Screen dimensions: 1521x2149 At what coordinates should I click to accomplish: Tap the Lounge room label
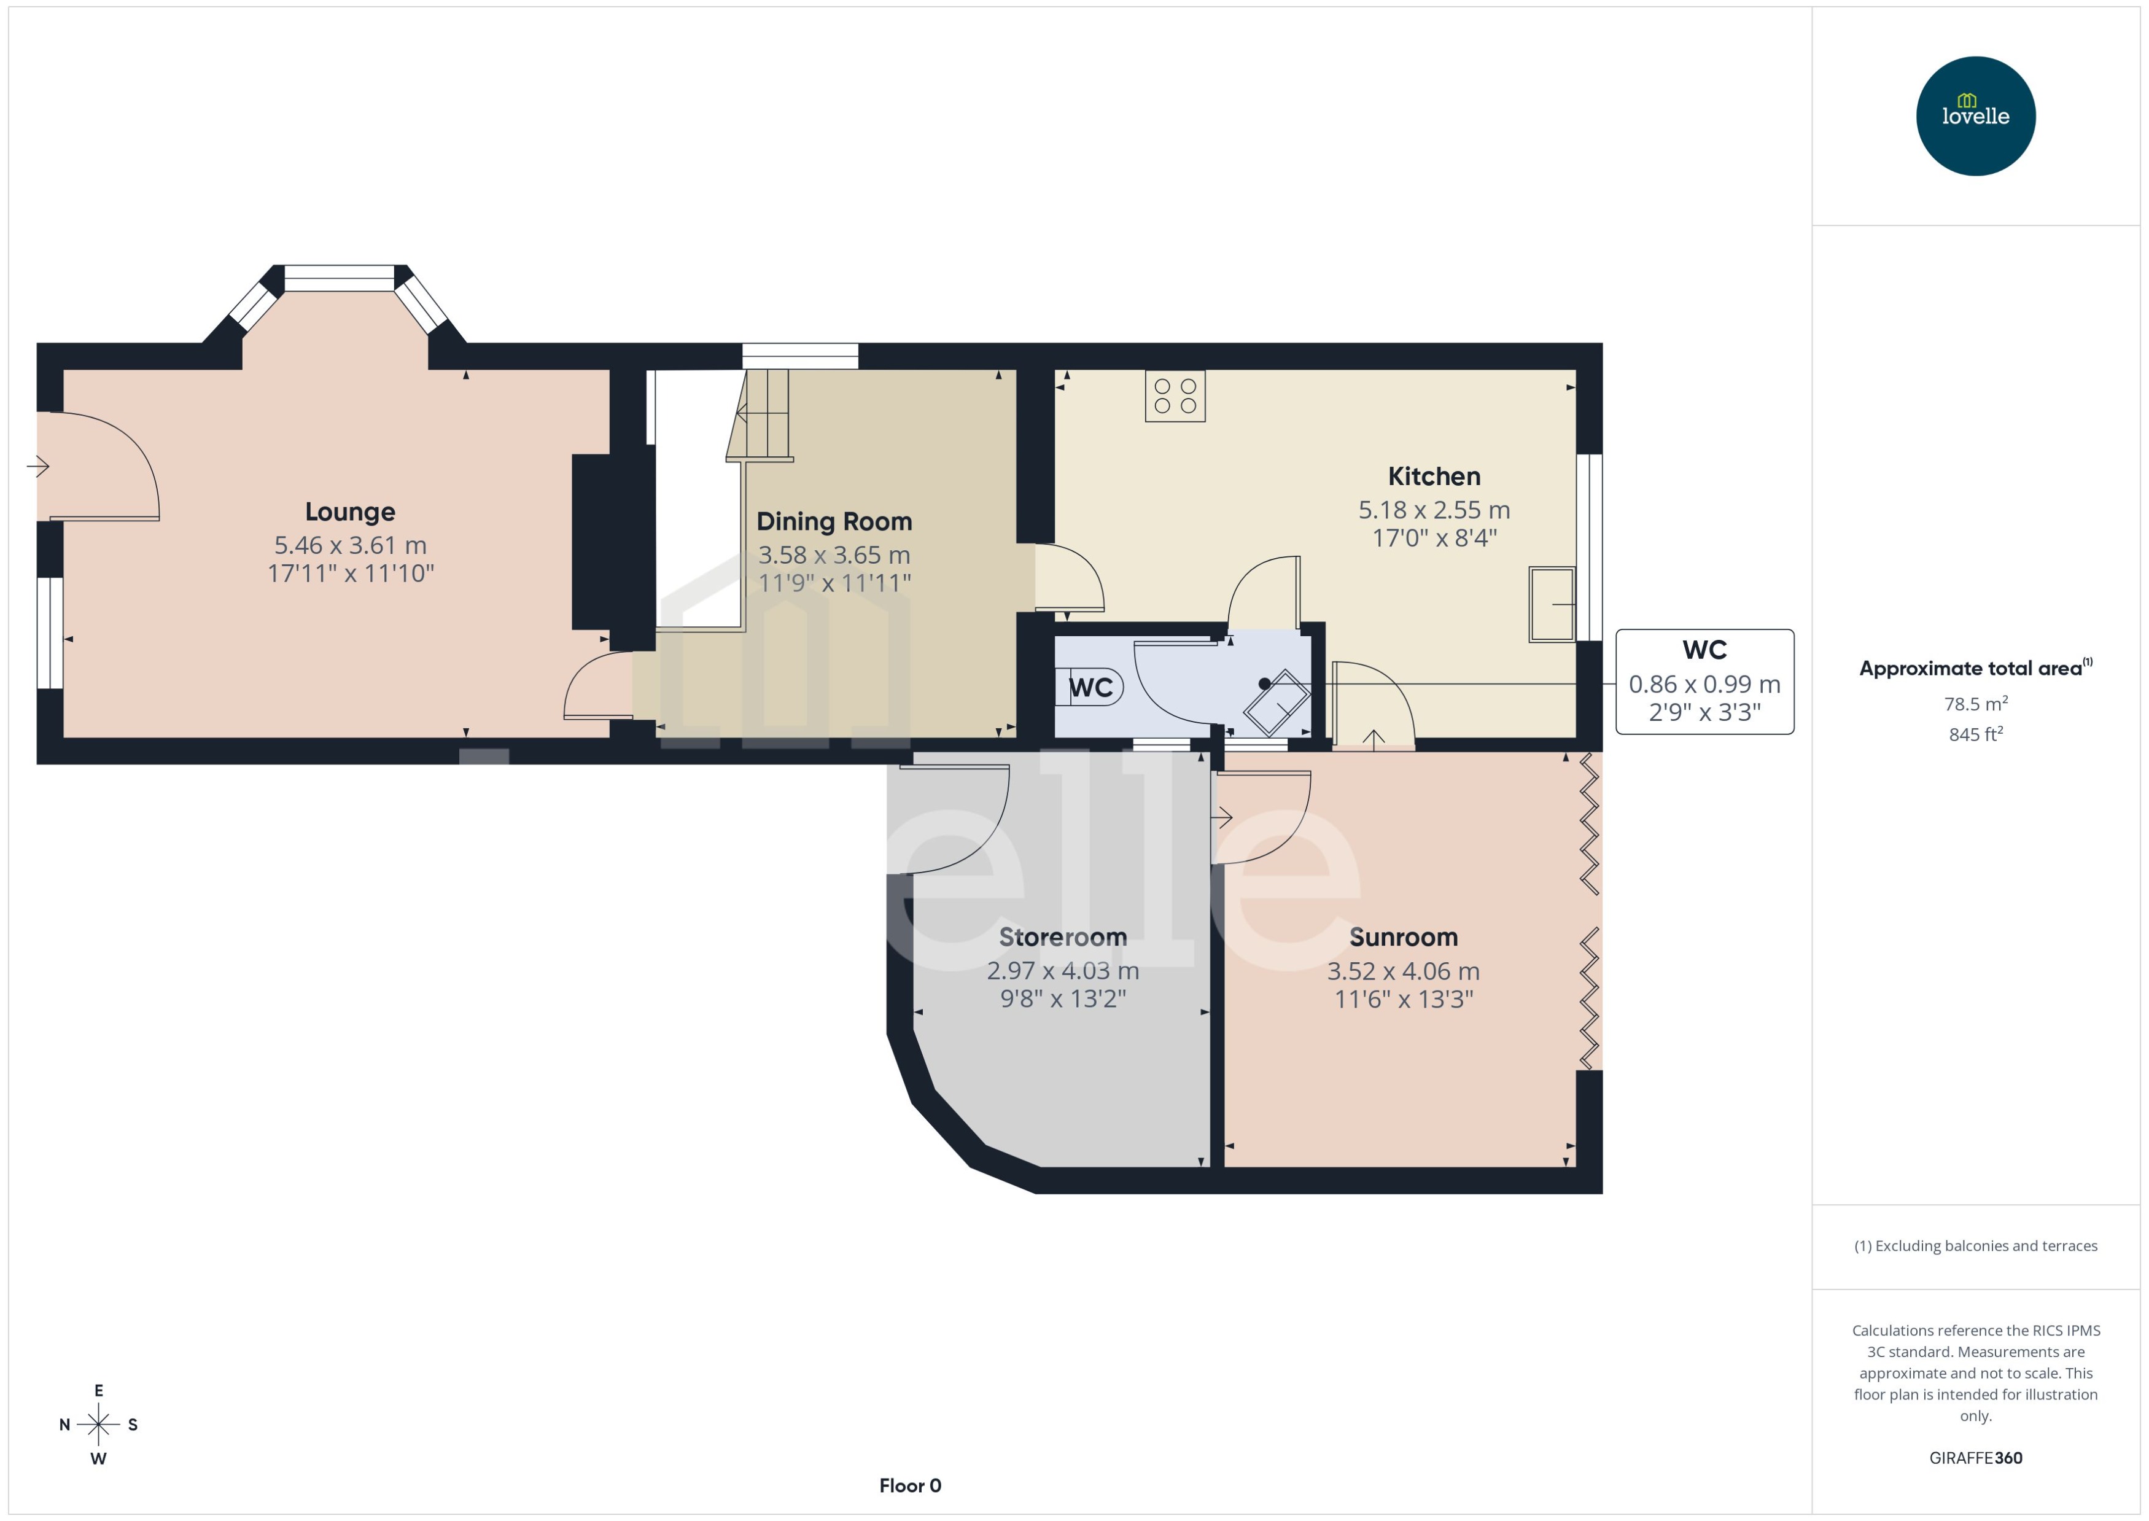tap(350, 512)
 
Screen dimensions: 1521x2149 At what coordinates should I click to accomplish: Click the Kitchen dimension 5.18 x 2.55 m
tap(1434, 510)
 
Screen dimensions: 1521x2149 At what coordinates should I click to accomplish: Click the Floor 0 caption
tap(909, 1485)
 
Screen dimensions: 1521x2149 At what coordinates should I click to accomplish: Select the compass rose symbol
tap(98, 1425)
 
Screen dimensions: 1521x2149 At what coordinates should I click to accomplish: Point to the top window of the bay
tap(339, 278)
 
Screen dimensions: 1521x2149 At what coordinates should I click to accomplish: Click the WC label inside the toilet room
tap(1091, 688)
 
